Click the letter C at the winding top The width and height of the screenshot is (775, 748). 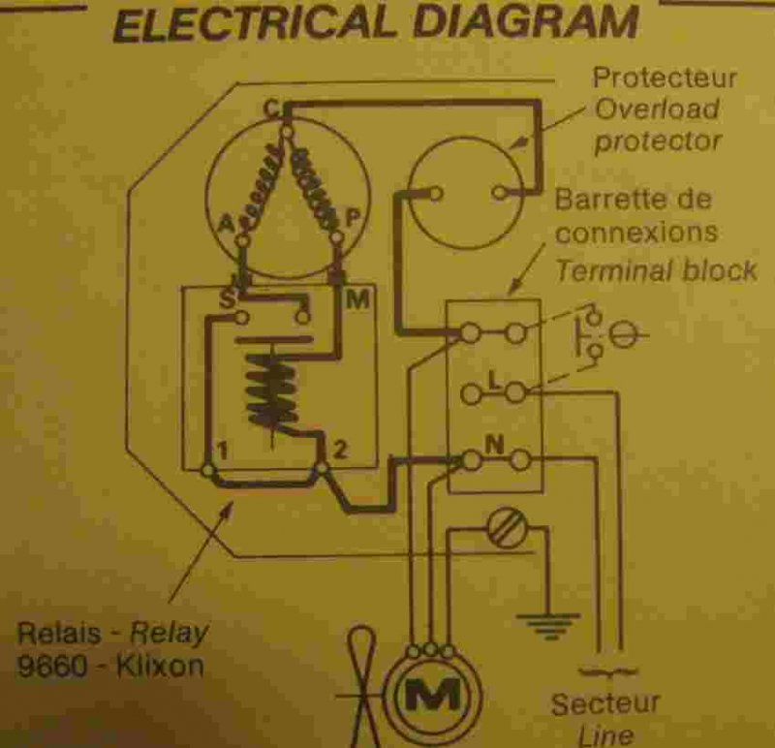pyautogui.click(x=271, y=109)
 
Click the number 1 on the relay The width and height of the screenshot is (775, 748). pyautogui.click(x=223, y=451)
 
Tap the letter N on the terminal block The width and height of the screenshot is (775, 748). pyautogui.click(x=493, y=447)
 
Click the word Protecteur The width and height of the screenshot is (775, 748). pyautogui.click(x=664, y=77)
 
